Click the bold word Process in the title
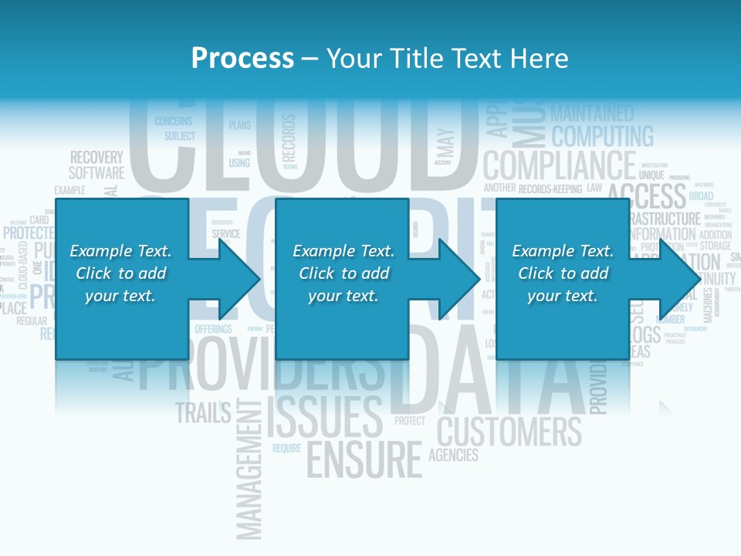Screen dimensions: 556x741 (x=242, y=59)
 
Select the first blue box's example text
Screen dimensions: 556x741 (x=121, y=273)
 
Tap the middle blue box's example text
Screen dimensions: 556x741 (x=343, y=273)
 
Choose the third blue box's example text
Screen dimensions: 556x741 (x=563, y=273)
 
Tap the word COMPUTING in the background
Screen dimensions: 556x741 (x=602, y=137)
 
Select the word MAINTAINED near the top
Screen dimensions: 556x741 (x=592, y=114)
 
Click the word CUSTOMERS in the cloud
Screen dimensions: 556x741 (x=509, y=431)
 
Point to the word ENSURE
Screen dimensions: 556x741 (x=364, y=459)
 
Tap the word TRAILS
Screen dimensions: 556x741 (x=203, y=413)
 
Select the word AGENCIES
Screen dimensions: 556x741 (x=453, y=455)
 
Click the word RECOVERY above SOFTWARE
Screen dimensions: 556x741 (x=96, y=158)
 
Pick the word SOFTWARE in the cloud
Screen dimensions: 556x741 (x=96, y=173)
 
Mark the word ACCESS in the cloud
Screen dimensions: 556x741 (x=647, y=197)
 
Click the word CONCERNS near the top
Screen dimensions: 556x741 (x=173, y=121)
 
